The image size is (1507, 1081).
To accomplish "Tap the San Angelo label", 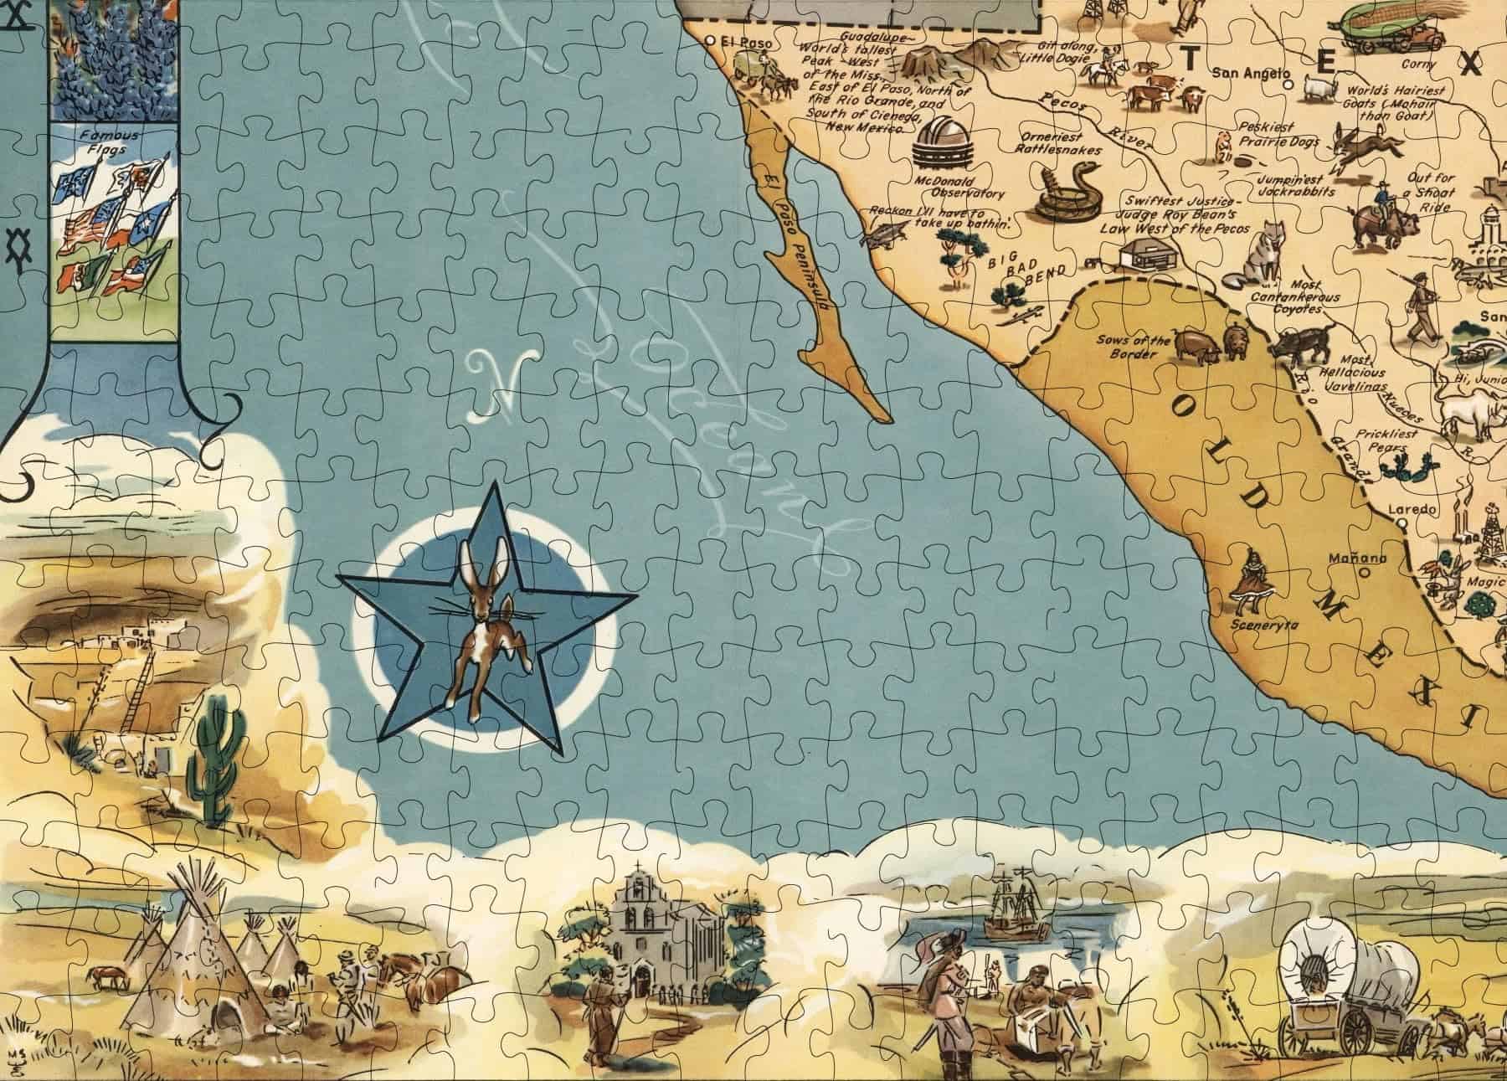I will point(1248,74).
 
